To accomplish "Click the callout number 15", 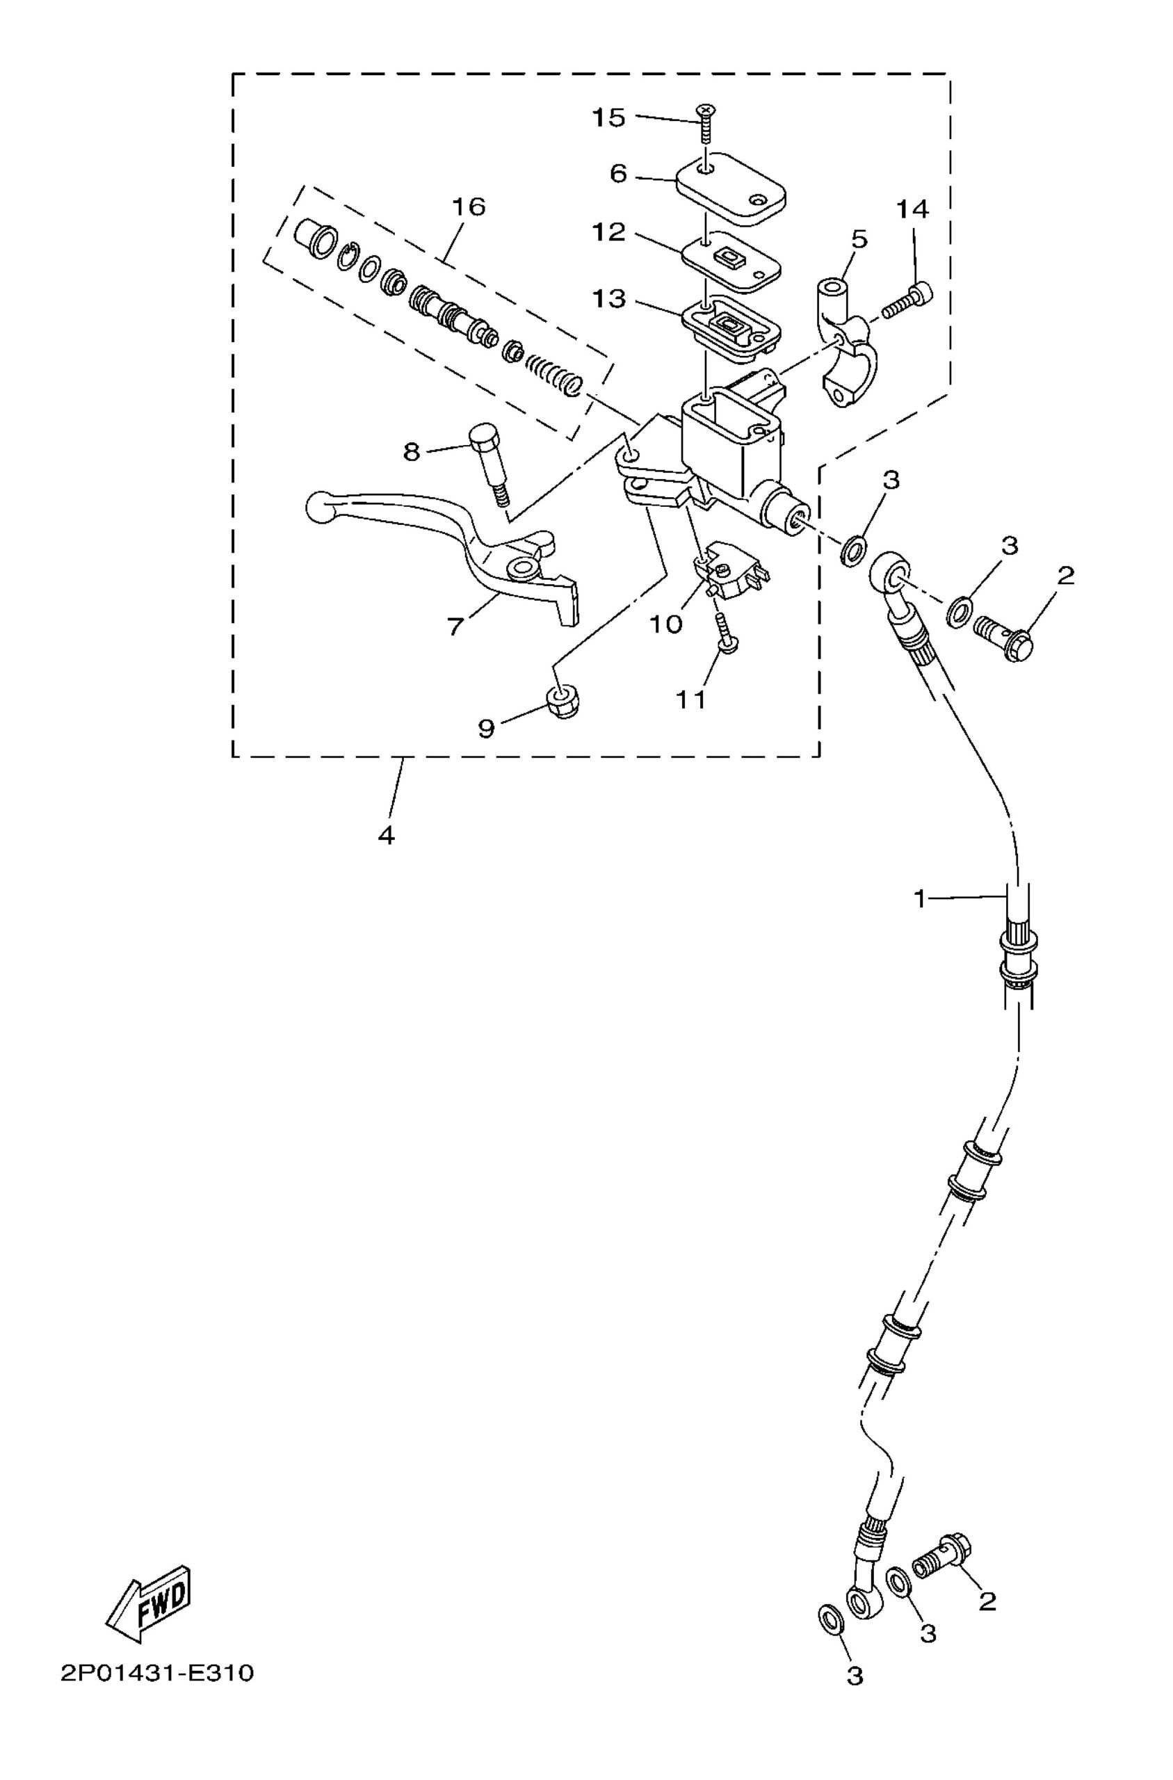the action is click(x=608, y=118).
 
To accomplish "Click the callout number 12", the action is click(x=608, y=233).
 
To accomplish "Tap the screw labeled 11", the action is click(x=723, y=633).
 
